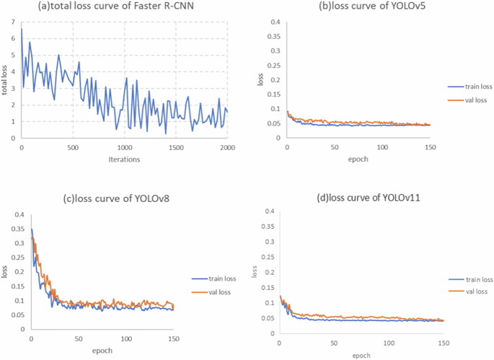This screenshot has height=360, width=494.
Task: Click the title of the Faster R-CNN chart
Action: [x=125, y=8]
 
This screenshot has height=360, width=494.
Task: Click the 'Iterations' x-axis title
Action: [x=124, y=159]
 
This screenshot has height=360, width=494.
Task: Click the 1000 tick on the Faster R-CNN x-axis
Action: [x=124, y=148]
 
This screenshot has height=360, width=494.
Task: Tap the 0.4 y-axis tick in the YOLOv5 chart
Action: [x=275, y=22]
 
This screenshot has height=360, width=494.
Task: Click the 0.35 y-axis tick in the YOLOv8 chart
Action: [x=17, y=229]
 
